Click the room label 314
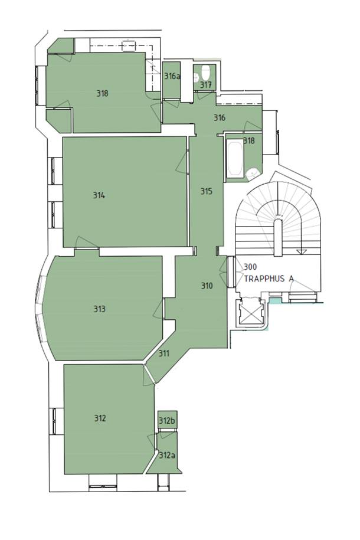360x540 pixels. click(x=99, y=195)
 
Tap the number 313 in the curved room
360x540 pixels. click(x=100, y=309)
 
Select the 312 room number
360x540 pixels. click(x=100, y=418)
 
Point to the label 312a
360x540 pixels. click(x=167, y=455)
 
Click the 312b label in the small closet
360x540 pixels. click(x=167, y=421)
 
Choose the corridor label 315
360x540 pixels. click(x=207, y=191)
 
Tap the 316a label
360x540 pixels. click(x=172, y=76)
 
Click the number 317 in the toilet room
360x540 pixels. click(x=205, y=85)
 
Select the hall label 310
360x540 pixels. click(x=207, y=286)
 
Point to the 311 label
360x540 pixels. click(x=164, y=354)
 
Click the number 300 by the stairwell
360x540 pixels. click(x=250, y=267)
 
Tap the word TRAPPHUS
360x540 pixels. click(x=264, y=279)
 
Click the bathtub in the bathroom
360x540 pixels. click(x=235, y=157)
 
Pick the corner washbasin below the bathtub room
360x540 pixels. click(x=253, y=172)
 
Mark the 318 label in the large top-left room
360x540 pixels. click(x=102, y=93)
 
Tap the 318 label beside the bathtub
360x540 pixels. click(x=248, y=140)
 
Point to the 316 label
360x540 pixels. click(x=220, y=118)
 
